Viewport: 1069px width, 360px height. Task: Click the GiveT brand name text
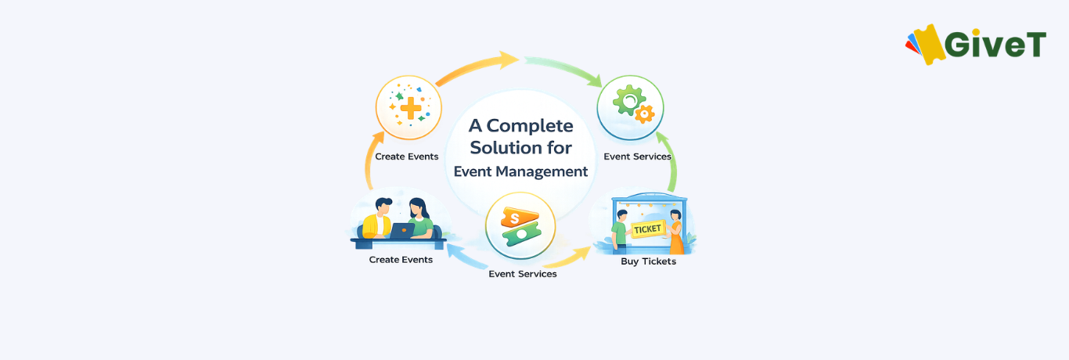[x=995, y=45]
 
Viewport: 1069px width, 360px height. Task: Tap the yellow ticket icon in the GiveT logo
[x=926, y=45]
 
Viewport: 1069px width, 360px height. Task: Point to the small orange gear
[x=643, y=115]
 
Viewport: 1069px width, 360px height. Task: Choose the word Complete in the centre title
[x=530, y=125]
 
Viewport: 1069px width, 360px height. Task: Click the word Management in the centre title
[x=542, y=171]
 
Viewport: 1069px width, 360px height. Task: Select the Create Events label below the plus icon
[x=406, y=157]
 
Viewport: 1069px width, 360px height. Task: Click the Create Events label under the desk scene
[x=401, y=260]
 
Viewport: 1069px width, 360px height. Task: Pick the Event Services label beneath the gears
[x=637, y=157]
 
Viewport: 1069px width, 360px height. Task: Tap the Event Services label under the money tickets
[x=522, y=275]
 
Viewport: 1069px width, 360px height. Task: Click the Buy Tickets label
[x=648, y=261]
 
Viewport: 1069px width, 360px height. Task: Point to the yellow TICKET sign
[x=647, y=229]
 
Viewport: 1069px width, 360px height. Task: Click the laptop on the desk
[x=402, y=230]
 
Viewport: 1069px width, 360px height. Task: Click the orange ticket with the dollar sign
[x=517, y=218]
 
